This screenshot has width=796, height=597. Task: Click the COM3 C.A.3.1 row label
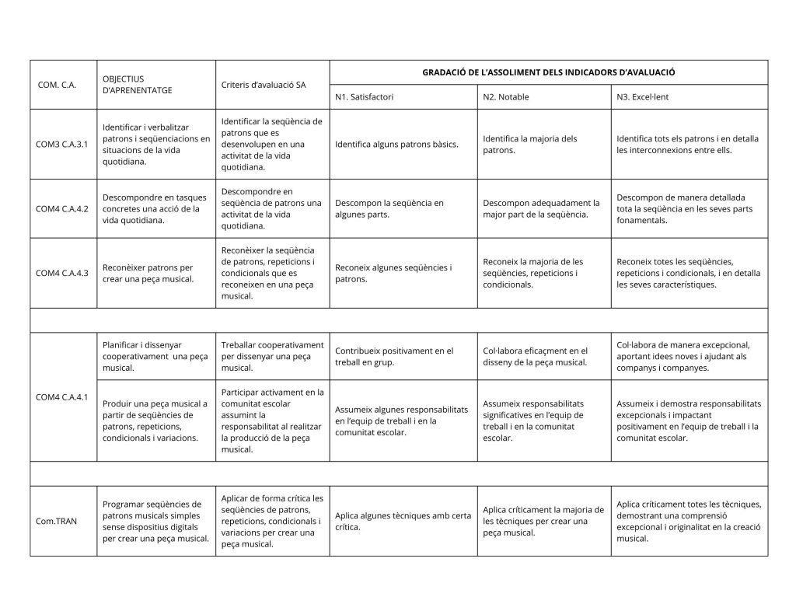[62, 145]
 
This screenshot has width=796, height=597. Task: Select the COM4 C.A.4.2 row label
[62, 208]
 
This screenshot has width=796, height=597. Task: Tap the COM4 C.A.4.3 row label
[62, 273]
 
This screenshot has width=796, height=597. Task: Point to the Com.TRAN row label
[57, 521]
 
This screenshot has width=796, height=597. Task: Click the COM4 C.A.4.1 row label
[62, 397]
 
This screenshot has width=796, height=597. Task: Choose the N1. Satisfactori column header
[365, 97]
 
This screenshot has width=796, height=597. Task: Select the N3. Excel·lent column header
[642, 97]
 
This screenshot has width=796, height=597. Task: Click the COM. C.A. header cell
[57, 84]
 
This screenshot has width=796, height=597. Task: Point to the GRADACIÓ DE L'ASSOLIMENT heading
[548, 72]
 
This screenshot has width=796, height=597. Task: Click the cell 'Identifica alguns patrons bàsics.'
[396, 145]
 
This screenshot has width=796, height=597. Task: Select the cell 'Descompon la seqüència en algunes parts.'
[389, 208]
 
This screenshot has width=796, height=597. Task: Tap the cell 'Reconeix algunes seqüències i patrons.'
[393, 273]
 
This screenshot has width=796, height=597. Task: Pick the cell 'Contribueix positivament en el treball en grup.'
[394, 356]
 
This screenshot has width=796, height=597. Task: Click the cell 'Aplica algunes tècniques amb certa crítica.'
[403, 521]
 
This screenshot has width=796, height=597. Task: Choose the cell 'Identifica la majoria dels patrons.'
[530, 145]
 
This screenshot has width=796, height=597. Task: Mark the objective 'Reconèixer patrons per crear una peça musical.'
[148, 273]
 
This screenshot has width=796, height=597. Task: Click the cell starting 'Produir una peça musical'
[155, 421]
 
